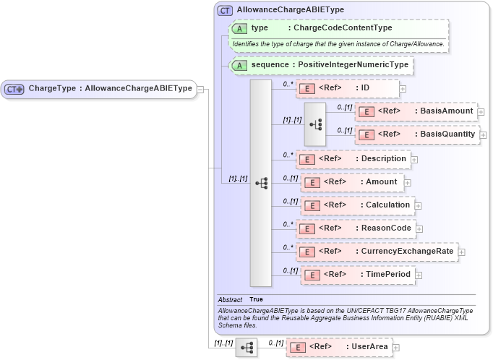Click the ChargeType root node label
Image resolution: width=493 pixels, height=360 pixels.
pyautogui.click(x=110, y=89)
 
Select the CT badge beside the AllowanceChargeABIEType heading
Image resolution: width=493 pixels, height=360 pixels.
pyautogui.click(x=225, y=10)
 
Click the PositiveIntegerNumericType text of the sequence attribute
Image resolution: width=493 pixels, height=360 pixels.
pyautogui.click(x=353, y=65)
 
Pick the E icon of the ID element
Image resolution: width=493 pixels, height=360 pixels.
pyautogui.click(x=306, y=88)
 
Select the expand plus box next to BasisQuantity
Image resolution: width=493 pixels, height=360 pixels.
pyautogui.click(x=483, y=134)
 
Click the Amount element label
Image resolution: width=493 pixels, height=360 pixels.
pyautogui.click(x=381, y=182)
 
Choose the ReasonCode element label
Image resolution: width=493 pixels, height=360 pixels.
pyautogui.click(x=385, y=228)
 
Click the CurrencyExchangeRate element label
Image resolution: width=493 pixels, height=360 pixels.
pyautogui.click(x=406, y=252)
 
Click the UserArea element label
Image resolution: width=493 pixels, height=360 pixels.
pyautogui.click(x=369, y=347)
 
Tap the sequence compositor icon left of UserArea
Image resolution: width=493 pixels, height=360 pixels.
pyautogui.click(x=246, y=348)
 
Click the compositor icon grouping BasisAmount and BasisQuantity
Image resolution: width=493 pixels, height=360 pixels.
pyautogui.click(x=316, y=124)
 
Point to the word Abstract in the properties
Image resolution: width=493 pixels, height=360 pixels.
pyautogui.click(x=230, y=299)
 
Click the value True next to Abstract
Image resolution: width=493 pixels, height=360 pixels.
pyautogui.click(x=257, y=299)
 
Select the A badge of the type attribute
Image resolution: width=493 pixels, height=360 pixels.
pyautogui.click(x=239, y=28)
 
